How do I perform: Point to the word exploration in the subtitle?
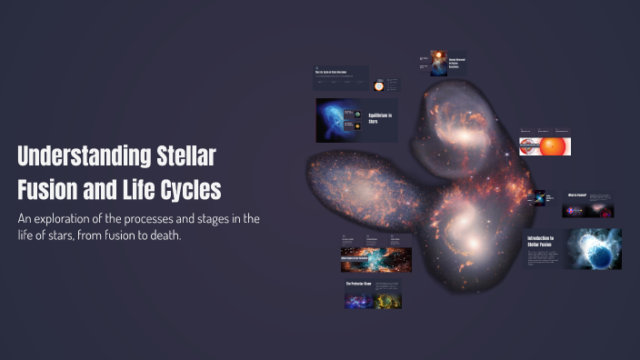(x=75, y=218)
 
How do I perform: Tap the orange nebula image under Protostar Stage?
(x=388, y=299)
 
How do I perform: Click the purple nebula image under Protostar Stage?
(x=358, y=299)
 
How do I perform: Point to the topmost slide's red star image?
(x=438, y=63)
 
